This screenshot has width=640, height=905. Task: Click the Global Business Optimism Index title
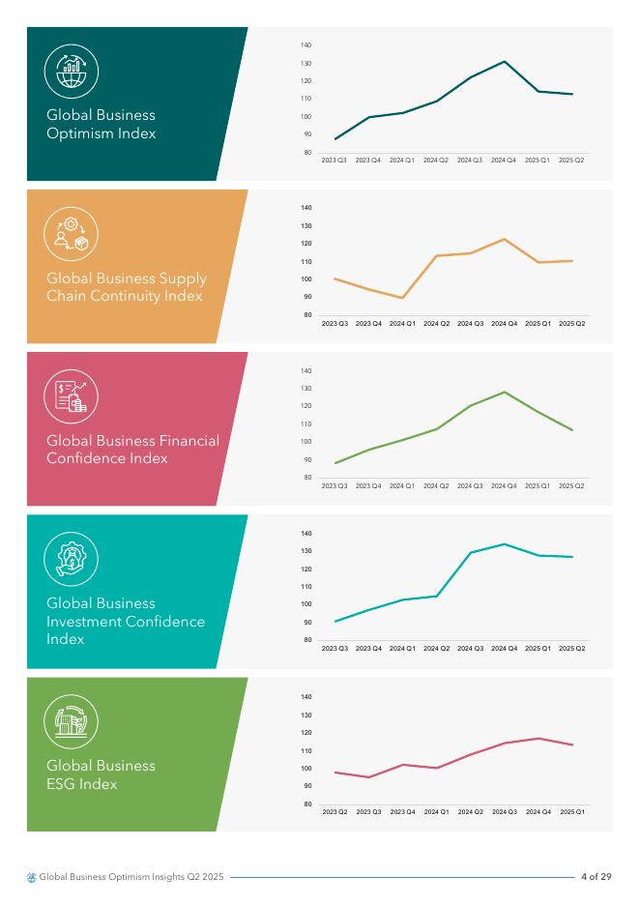click(102, 125)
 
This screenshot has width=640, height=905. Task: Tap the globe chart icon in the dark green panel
click(72, 73)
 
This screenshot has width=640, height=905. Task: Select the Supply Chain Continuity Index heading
click(127, 287)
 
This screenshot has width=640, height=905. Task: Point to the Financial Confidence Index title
click(132, 450)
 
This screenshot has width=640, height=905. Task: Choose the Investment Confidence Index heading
click(126, 621)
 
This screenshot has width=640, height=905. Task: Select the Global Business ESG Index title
click(102, 774)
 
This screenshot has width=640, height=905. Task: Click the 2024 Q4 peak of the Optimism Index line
click(504, 62)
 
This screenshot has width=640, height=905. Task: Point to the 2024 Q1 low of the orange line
click(402, 298)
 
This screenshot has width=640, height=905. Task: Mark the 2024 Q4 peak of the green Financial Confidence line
click(504, 392)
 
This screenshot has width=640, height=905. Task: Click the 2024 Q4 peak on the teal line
click(504, 543)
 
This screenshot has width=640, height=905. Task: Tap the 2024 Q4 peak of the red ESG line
click(538, 739)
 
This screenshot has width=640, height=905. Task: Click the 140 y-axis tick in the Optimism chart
click(305, 45)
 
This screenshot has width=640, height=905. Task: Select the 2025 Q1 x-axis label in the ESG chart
click(571, 812)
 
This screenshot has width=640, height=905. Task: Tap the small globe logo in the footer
click(32, 877)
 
